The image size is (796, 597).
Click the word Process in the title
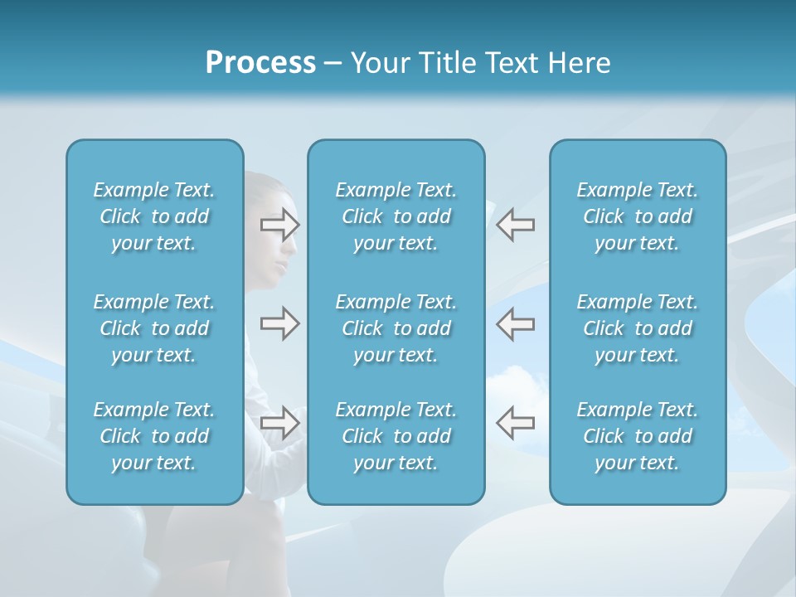260,63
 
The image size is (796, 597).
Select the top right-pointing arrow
279,224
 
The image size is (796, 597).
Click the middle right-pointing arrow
279,323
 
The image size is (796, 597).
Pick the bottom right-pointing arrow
279,423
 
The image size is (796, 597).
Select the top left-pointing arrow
515,224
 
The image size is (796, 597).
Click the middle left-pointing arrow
515,323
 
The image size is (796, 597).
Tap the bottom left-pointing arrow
515,423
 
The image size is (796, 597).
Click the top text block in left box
154,216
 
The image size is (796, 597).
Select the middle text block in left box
154,328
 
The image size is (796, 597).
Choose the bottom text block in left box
154,436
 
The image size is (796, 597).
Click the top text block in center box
396,216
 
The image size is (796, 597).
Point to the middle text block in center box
396,328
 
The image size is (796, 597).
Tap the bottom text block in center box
396,436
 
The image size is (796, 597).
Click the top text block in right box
637,216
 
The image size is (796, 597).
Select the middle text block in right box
637,328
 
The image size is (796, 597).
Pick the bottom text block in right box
637,436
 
